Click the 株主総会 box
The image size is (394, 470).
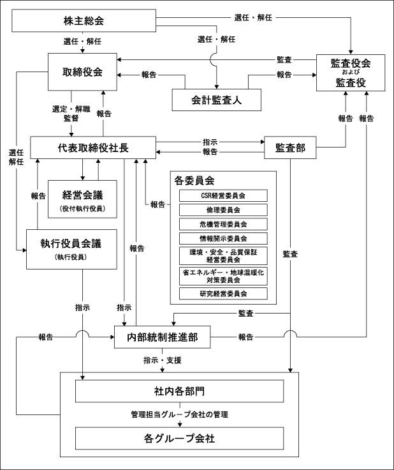[84, 20]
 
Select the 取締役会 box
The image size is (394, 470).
[82, 72]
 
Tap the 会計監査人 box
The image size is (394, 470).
[216, 100]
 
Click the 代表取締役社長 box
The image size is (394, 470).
[93, 148]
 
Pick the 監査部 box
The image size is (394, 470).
[290, 148]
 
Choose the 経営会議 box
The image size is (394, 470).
[82, 199]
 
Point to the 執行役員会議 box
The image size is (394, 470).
[71, 249]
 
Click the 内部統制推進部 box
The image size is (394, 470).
[162, 337]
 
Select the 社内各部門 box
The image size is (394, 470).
[179, 391]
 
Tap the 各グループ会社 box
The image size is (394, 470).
[179, 439]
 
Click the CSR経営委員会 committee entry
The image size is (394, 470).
[223, 196]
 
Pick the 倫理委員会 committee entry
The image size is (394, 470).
[223, 210]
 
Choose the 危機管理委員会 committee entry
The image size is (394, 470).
[223, 224]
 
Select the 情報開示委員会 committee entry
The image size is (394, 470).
[223, 239]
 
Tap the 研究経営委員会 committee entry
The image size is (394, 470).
[223, 294]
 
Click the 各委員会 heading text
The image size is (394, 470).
[194, 181]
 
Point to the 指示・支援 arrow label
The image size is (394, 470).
[162, 360]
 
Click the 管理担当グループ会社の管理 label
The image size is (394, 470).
[180, 414]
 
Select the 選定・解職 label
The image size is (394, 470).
[71, 109]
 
